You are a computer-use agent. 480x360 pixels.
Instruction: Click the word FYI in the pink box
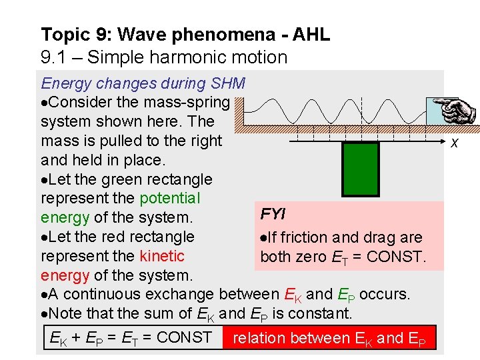click(273, 214)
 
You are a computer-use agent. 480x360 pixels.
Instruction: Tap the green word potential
click(169, 198)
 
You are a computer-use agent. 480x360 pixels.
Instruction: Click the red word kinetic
click(162, 256)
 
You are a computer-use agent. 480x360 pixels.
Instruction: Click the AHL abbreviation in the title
click(312, 35)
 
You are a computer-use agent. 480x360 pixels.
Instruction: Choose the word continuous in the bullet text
click(97, 294)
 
